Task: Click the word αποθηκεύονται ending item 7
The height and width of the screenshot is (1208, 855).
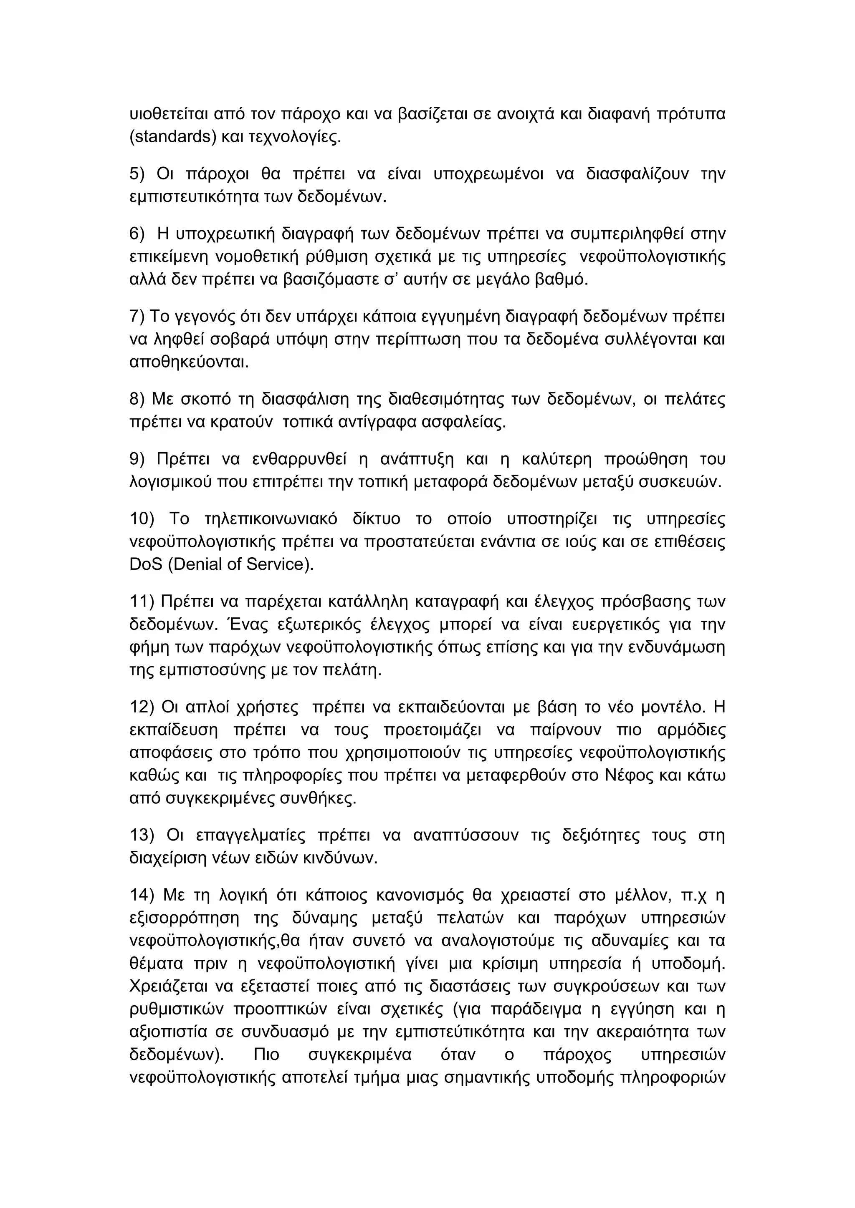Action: point(188,362)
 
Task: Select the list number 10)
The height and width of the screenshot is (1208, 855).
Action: point(142,519)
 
